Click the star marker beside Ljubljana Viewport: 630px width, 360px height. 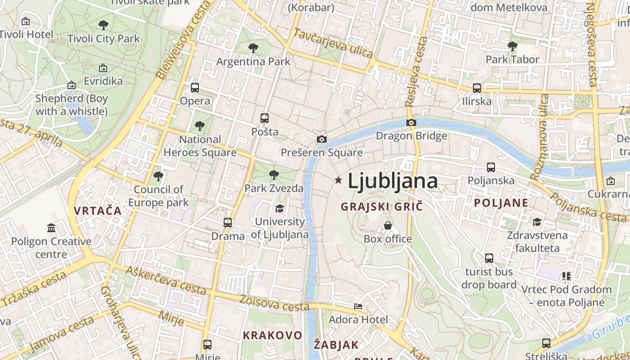[338, 180]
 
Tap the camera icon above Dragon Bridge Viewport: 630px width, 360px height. [411, 122]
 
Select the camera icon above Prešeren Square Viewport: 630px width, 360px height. [321, 139]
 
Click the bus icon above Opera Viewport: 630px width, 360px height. [195, 87]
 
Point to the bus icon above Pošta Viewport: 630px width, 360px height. [265, 118]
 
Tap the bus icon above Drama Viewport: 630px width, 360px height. [228, 222]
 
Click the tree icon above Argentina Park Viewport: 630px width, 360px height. [253, 48]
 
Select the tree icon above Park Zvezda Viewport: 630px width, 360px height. [274, 175]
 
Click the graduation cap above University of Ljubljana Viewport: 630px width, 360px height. [279, 208]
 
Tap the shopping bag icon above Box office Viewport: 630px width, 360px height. [387, 225]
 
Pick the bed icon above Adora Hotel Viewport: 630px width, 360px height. [358, 306]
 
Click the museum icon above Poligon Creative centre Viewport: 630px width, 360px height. [51, 228]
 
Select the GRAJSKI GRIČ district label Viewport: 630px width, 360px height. [382, 207]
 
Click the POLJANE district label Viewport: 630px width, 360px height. [501, 203]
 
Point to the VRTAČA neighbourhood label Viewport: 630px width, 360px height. [98, 211]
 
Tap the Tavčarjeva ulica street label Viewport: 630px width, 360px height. [333, 43]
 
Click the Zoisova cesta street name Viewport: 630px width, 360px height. [274, 303]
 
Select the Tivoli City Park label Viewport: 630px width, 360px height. [104, 39]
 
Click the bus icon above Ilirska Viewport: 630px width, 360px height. [477, 88]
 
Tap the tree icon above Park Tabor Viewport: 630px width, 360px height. [512, 46]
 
